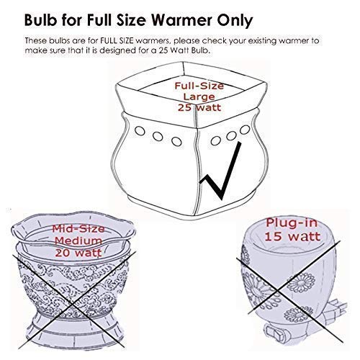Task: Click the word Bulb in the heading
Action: pos(41,16)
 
